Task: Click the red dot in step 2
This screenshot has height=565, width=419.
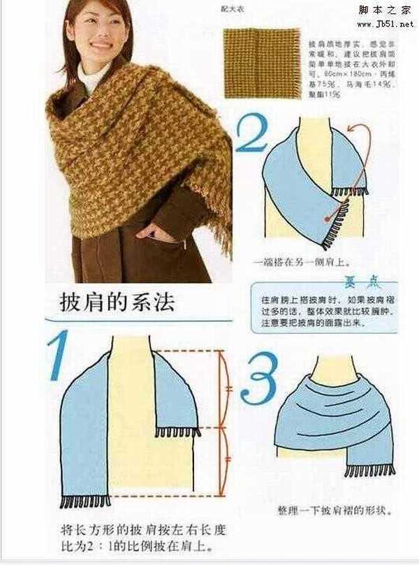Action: click(325, 219)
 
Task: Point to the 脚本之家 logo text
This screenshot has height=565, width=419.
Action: click(385, 10)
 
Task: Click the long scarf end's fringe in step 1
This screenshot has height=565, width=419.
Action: click(85, 501)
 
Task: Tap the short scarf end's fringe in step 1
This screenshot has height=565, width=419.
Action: click(177, 432)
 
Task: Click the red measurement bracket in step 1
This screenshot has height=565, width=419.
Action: click(225, 419)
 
